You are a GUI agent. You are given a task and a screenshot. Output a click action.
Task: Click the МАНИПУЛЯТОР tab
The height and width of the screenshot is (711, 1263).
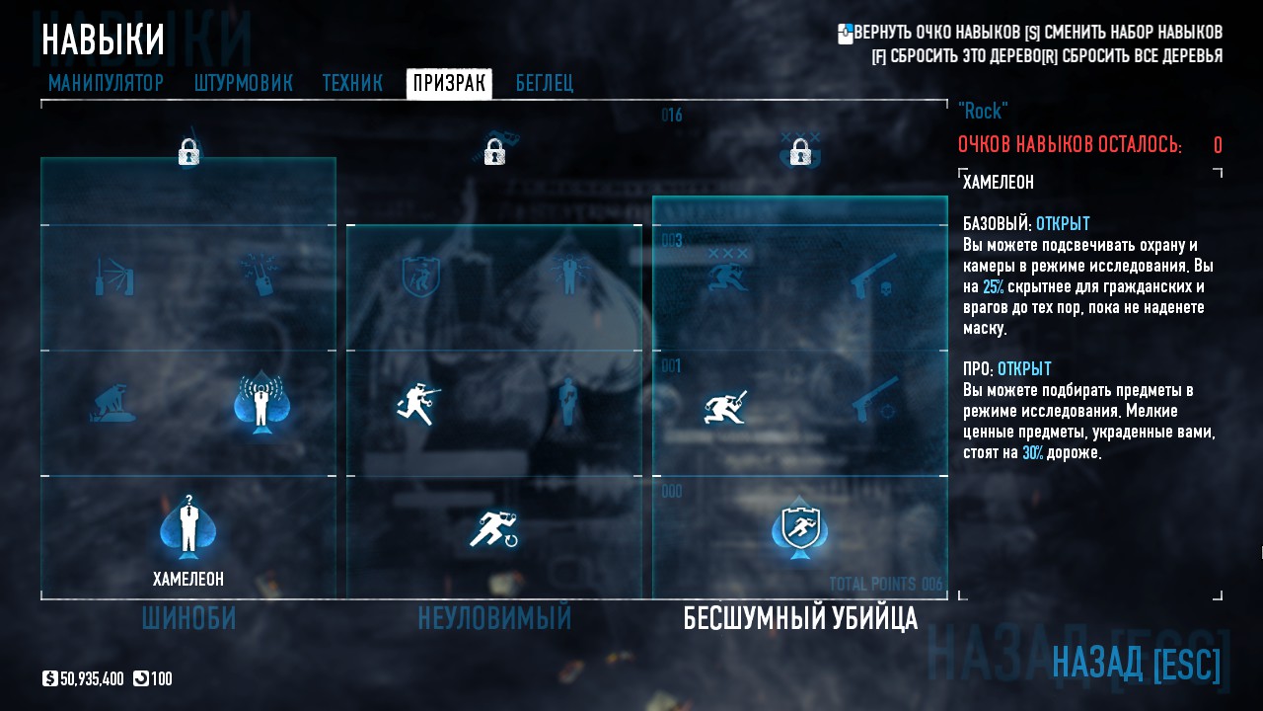click(x=106, y=84)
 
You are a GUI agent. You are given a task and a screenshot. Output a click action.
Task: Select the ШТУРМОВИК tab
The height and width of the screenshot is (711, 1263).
click(x=243, y=84)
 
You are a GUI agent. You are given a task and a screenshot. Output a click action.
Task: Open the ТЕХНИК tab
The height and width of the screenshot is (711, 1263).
click(x=352, y=84)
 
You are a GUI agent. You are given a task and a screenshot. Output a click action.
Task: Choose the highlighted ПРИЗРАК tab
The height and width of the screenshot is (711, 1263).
click(x=449, y=84)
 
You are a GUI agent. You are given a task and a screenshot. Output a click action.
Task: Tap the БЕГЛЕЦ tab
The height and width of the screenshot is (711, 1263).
click(x=544, y=84)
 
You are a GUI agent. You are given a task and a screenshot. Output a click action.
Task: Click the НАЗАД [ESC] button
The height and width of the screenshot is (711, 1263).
click(x=1136, y=663)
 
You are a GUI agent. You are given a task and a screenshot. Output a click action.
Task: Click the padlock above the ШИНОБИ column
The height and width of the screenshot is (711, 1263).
click(x=188, y=152)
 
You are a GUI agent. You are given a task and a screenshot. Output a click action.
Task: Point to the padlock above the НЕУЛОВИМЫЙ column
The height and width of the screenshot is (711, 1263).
click(x=494, y=152)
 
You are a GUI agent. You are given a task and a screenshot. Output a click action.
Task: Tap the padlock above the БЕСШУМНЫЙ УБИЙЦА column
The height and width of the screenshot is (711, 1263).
click(x=800, y=152)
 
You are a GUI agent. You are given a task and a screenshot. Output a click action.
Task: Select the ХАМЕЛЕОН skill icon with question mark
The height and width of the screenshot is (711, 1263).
click(x=188, y=527)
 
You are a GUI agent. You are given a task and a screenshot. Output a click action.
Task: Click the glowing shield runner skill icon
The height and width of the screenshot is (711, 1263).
click(x=799, y=529)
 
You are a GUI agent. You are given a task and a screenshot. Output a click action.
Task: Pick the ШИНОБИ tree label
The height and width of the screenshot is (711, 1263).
click(x=188, y=619)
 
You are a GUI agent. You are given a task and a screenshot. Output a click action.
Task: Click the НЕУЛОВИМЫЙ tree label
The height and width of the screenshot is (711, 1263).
click(x=494, y=619)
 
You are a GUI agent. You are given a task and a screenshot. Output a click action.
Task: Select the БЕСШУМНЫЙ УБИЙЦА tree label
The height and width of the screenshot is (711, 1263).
click(x=800, y=619)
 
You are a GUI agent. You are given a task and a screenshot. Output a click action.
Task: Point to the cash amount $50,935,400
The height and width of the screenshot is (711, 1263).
click(x=92, y=679)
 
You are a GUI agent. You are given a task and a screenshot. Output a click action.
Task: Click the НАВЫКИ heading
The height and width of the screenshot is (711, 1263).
click(x=103, y=40)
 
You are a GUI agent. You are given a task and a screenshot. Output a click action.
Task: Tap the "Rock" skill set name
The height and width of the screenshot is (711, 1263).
click(x=983, y=111)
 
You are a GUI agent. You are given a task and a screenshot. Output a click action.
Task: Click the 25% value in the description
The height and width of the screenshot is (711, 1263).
click(x=993, y=287)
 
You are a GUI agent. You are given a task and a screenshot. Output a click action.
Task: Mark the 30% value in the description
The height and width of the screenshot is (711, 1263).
click(x=1032, y=453)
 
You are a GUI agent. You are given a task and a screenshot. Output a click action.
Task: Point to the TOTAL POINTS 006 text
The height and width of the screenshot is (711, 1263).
click(x=885, y=584)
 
